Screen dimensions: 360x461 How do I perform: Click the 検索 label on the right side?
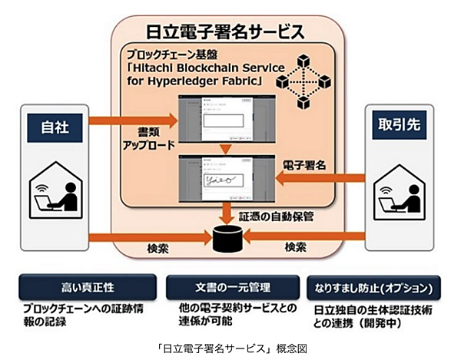tap(296, 249)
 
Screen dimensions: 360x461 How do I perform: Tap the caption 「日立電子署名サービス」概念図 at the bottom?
tap(230, 345)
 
